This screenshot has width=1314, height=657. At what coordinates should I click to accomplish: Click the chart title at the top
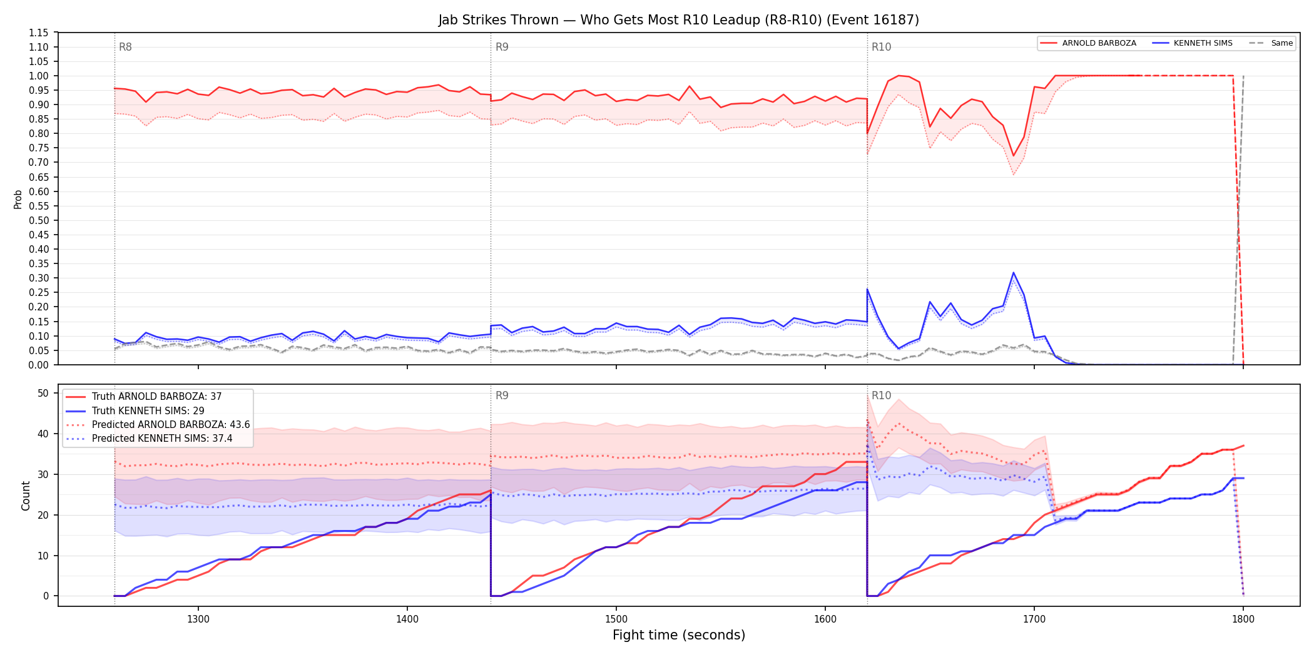678,20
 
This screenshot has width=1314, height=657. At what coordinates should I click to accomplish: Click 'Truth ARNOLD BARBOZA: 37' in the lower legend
156,397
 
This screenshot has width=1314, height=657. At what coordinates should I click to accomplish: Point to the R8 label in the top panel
125,47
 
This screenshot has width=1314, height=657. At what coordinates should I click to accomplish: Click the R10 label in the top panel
881,47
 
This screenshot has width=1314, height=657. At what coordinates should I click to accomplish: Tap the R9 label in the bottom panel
502,395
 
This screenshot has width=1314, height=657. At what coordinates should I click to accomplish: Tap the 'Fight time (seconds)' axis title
679,635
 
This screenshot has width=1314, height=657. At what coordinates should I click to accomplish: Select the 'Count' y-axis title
26,496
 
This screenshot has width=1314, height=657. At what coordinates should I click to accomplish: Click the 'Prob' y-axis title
18,199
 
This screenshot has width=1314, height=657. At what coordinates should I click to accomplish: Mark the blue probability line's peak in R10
1013,273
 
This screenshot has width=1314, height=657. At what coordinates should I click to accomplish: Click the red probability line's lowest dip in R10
1013,156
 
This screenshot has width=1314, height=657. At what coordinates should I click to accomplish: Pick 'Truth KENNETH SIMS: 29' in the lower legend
148,411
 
